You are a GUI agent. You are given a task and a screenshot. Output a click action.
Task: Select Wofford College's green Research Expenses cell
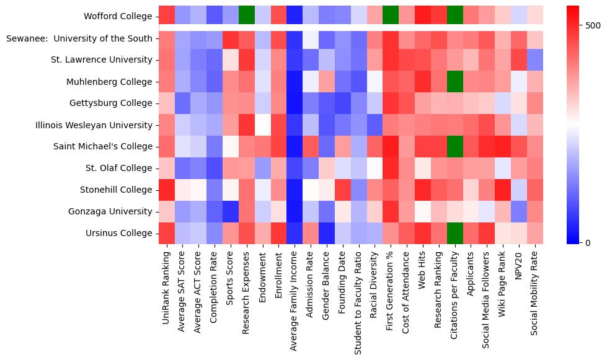pyautogui.click(x=247, y=15)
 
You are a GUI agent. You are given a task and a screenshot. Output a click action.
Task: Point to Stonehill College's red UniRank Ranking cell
pyautogui.click(x=167, y=190)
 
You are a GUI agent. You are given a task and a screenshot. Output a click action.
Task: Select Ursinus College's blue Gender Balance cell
pyautogui.click(x=327, y=233)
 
